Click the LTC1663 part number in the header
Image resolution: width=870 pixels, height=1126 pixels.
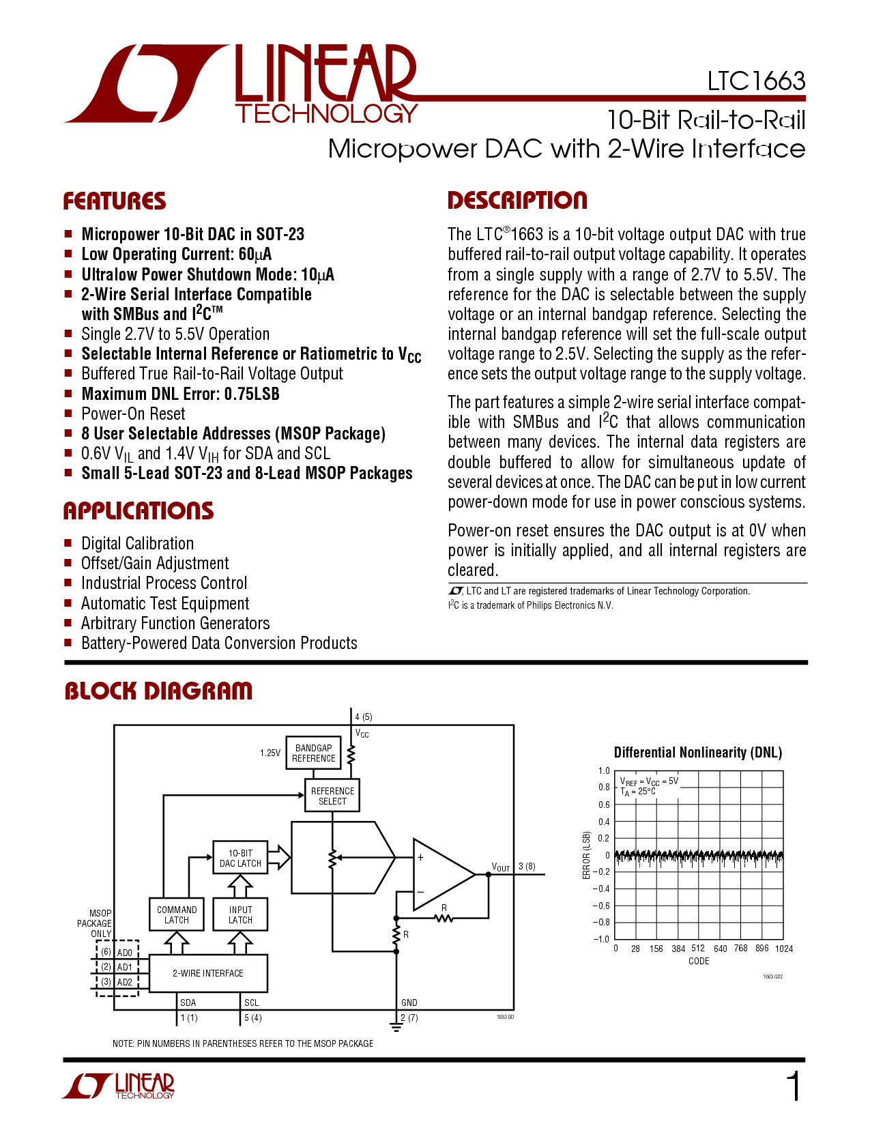[756, 81]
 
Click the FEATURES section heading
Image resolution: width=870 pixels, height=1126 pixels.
[115, 201]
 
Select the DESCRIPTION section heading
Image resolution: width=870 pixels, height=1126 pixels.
[517, 201]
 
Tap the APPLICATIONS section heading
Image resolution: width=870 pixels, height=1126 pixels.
[139, 511]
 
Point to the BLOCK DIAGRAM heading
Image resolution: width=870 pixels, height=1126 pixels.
[158, 691]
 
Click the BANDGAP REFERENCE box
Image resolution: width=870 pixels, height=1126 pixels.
[313, 753]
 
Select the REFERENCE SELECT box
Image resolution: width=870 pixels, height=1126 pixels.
[332, 796]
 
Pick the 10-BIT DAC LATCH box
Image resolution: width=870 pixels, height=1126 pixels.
[240, 858]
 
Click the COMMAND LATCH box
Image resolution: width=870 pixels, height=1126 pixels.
[177, 914]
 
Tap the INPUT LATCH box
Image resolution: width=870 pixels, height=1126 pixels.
[240, 914]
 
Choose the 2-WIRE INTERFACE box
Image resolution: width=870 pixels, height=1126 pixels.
[208, 973]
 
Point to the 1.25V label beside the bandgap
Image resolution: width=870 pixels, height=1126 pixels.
[270, 753]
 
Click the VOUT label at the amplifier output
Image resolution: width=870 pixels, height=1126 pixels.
[501, 867]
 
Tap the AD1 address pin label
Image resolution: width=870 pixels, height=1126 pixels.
[125, 967]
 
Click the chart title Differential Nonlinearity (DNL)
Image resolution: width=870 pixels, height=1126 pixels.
[698, 753]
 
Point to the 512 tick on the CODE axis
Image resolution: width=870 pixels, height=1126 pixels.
[698, 948]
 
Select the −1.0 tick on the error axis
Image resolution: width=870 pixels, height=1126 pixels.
[601, 939]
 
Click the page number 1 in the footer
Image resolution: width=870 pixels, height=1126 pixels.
[794, 1086]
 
